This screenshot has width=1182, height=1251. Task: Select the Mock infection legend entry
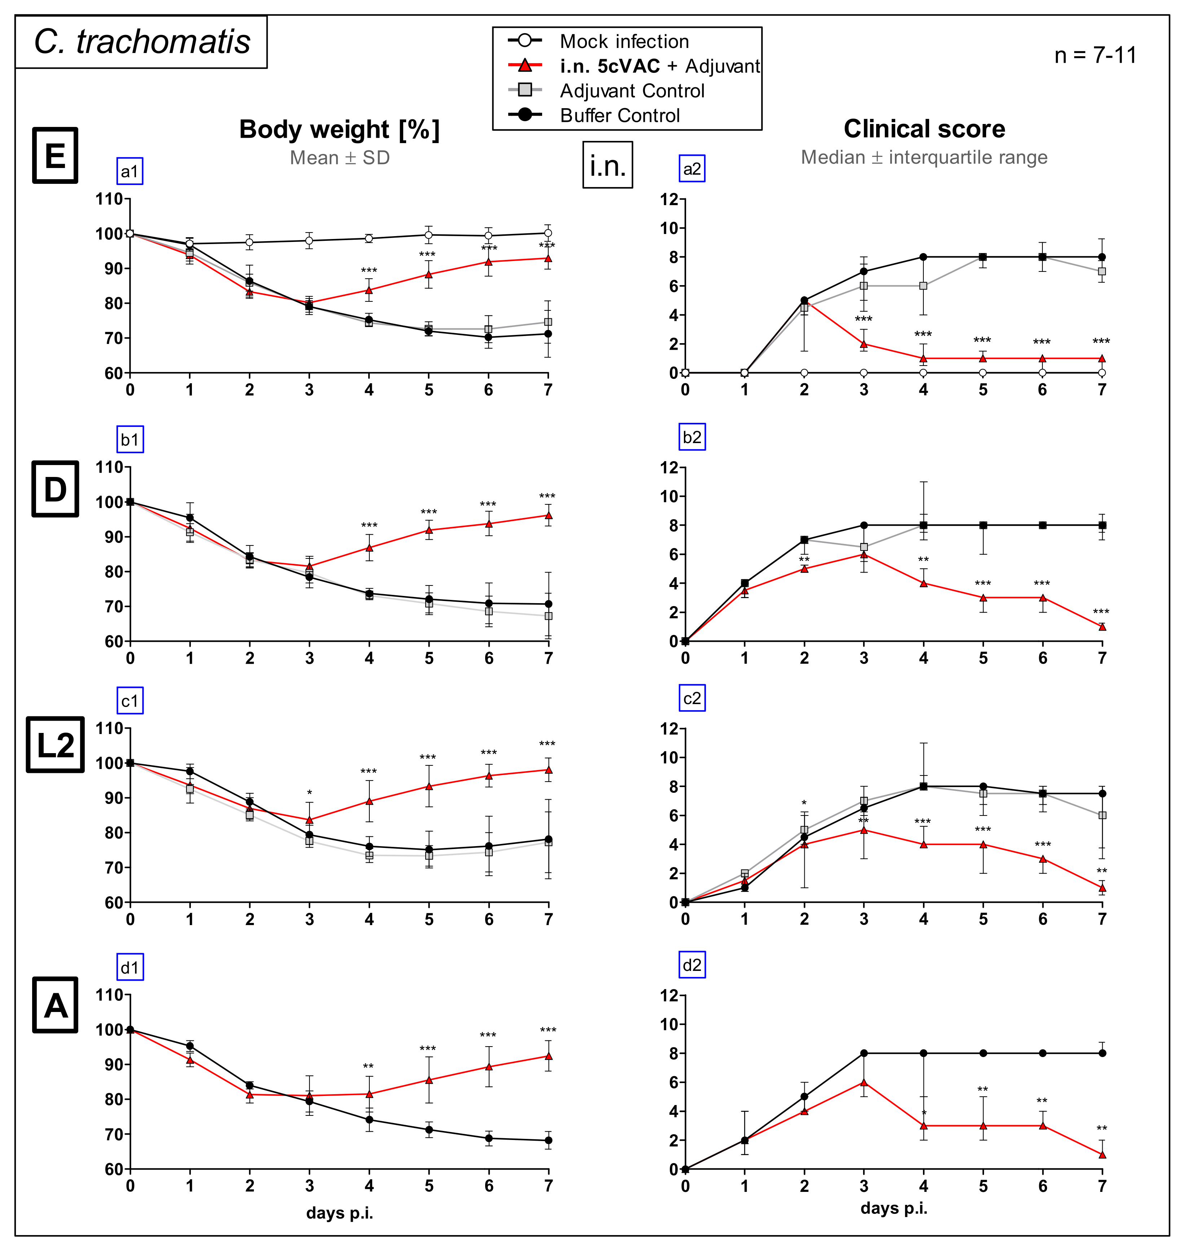pyautogui.click(x=623, y=41)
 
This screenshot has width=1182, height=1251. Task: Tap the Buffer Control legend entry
pyautogui.click(x=619, y=115)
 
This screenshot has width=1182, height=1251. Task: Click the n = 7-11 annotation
pyautogui.click(x=1095, y=56)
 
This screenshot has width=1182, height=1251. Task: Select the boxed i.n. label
pyautogui.click(x=607, y=165)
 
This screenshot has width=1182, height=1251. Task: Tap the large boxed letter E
pyautogui.click(x=56, y=155)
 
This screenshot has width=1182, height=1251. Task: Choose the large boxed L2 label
pyautogui.click(x=56, y=745)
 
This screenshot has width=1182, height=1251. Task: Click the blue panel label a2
pyautogui.click(x=692, y=169)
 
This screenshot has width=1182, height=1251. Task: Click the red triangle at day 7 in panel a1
pyautogui.click(x=548, y=258)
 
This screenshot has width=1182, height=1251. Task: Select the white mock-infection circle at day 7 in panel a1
pyautogui.click(x=548, y=233)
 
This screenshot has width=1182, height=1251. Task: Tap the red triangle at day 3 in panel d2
pyautogui.click(x=864, y=1082)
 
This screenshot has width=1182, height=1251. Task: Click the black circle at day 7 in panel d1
pyautogui.click(x=548, y=1140)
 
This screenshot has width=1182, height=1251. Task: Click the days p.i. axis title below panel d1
pyautogui.click(x=340, y=1213)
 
